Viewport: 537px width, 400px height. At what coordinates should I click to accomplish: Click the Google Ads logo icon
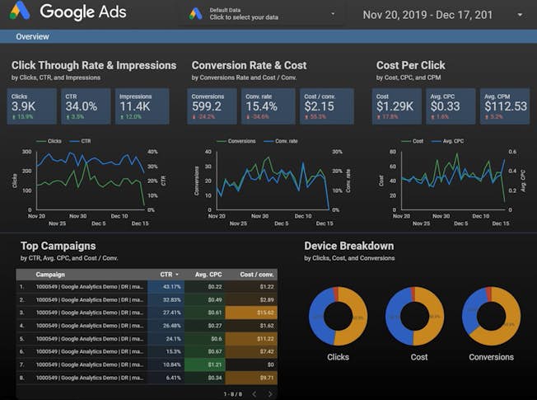20,12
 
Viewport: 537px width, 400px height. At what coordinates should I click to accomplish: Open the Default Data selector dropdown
262,14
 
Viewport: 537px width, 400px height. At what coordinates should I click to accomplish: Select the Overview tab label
32,37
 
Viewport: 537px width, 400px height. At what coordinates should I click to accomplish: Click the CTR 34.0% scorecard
86,106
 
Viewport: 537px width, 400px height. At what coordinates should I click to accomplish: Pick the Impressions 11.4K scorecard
142,106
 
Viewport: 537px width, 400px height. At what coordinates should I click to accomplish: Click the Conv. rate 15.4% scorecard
269,106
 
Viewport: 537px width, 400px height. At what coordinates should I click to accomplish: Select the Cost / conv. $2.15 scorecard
325,106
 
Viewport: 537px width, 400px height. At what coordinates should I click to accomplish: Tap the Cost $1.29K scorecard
398,106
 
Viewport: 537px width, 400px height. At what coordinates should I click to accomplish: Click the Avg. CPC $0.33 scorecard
451,106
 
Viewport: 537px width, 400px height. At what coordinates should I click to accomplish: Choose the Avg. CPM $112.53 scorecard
504,106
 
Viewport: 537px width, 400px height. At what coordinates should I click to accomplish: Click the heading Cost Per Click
410,65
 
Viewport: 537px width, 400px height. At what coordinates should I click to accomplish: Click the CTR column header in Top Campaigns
168,275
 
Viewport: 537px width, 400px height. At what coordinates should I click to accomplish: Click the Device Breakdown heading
348,246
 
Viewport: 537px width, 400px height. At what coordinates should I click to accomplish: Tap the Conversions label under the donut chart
491,357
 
